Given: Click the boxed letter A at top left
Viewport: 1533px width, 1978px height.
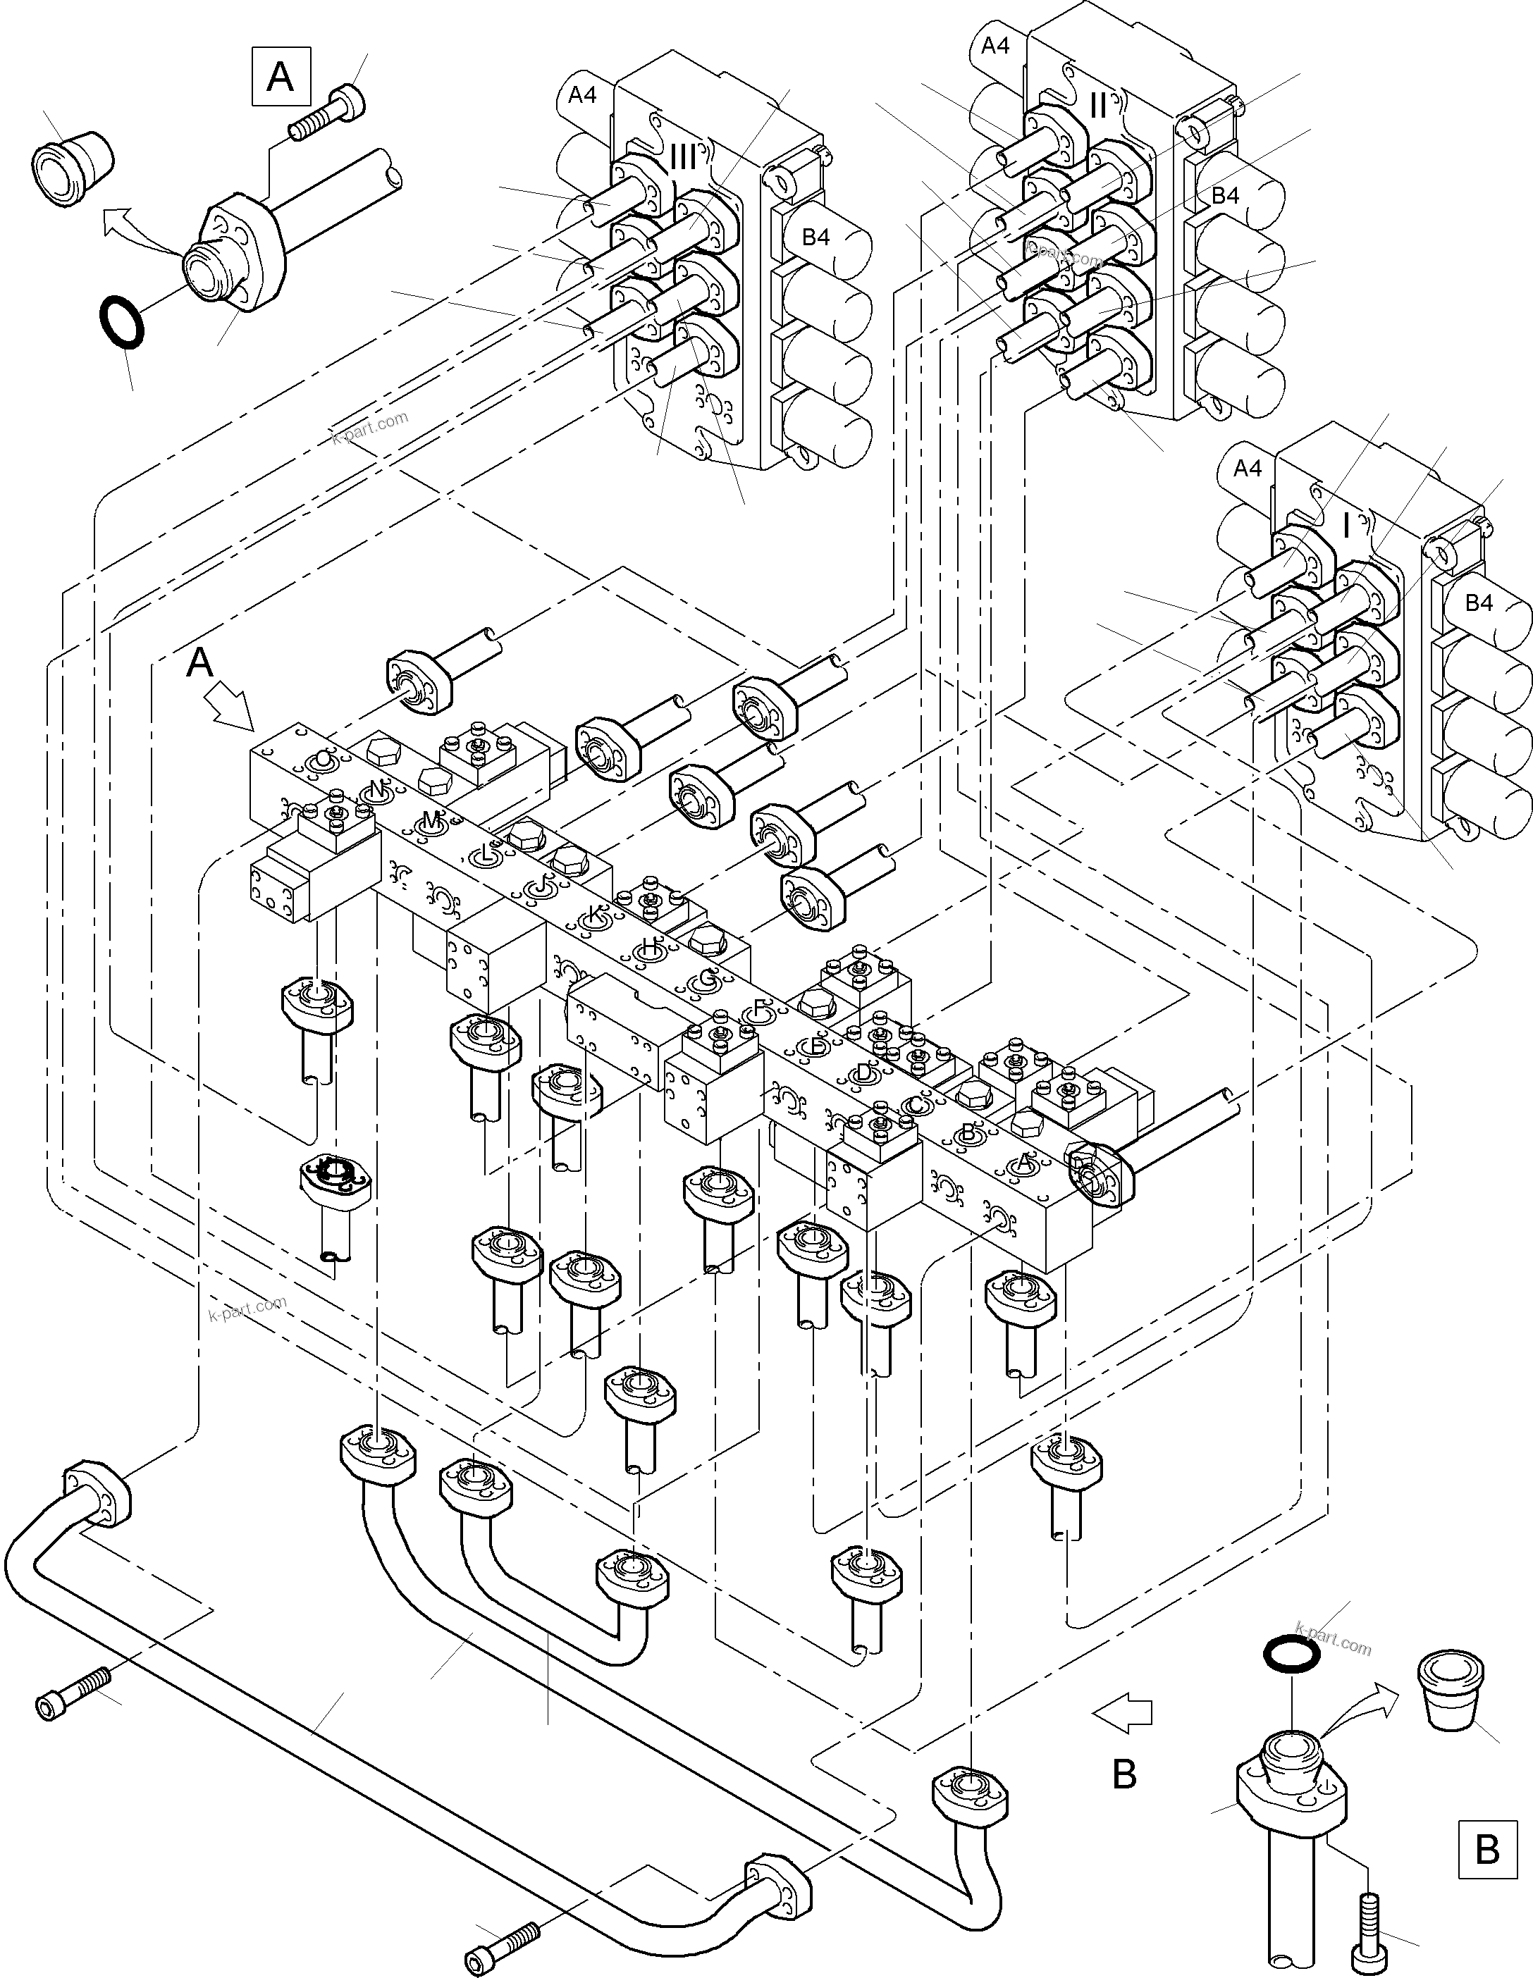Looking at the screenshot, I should tap(281, 77).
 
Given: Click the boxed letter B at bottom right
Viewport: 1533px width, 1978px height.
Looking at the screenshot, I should tap(1486, 1848).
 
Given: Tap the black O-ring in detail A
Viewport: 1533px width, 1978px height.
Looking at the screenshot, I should tap(120, 323).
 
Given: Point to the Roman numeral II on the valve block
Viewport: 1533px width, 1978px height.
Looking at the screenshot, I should tap(1098, 106).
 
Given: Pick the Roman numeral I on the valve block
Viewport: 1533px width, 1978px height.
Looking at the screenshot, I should tap(1346, 525).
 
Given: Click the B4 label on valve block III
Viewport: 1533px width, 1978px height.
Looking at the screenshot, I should tap(815, 237).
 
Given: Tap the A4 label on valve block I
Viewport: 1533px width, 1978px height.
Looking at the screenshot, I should tap(1248, 468).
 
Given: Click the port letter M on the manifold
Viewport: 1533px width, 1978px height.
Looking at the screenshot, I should tap(431, 820).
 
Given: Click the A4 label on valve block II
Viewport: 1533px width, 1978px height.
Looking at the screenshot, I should tap(995, 45).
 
